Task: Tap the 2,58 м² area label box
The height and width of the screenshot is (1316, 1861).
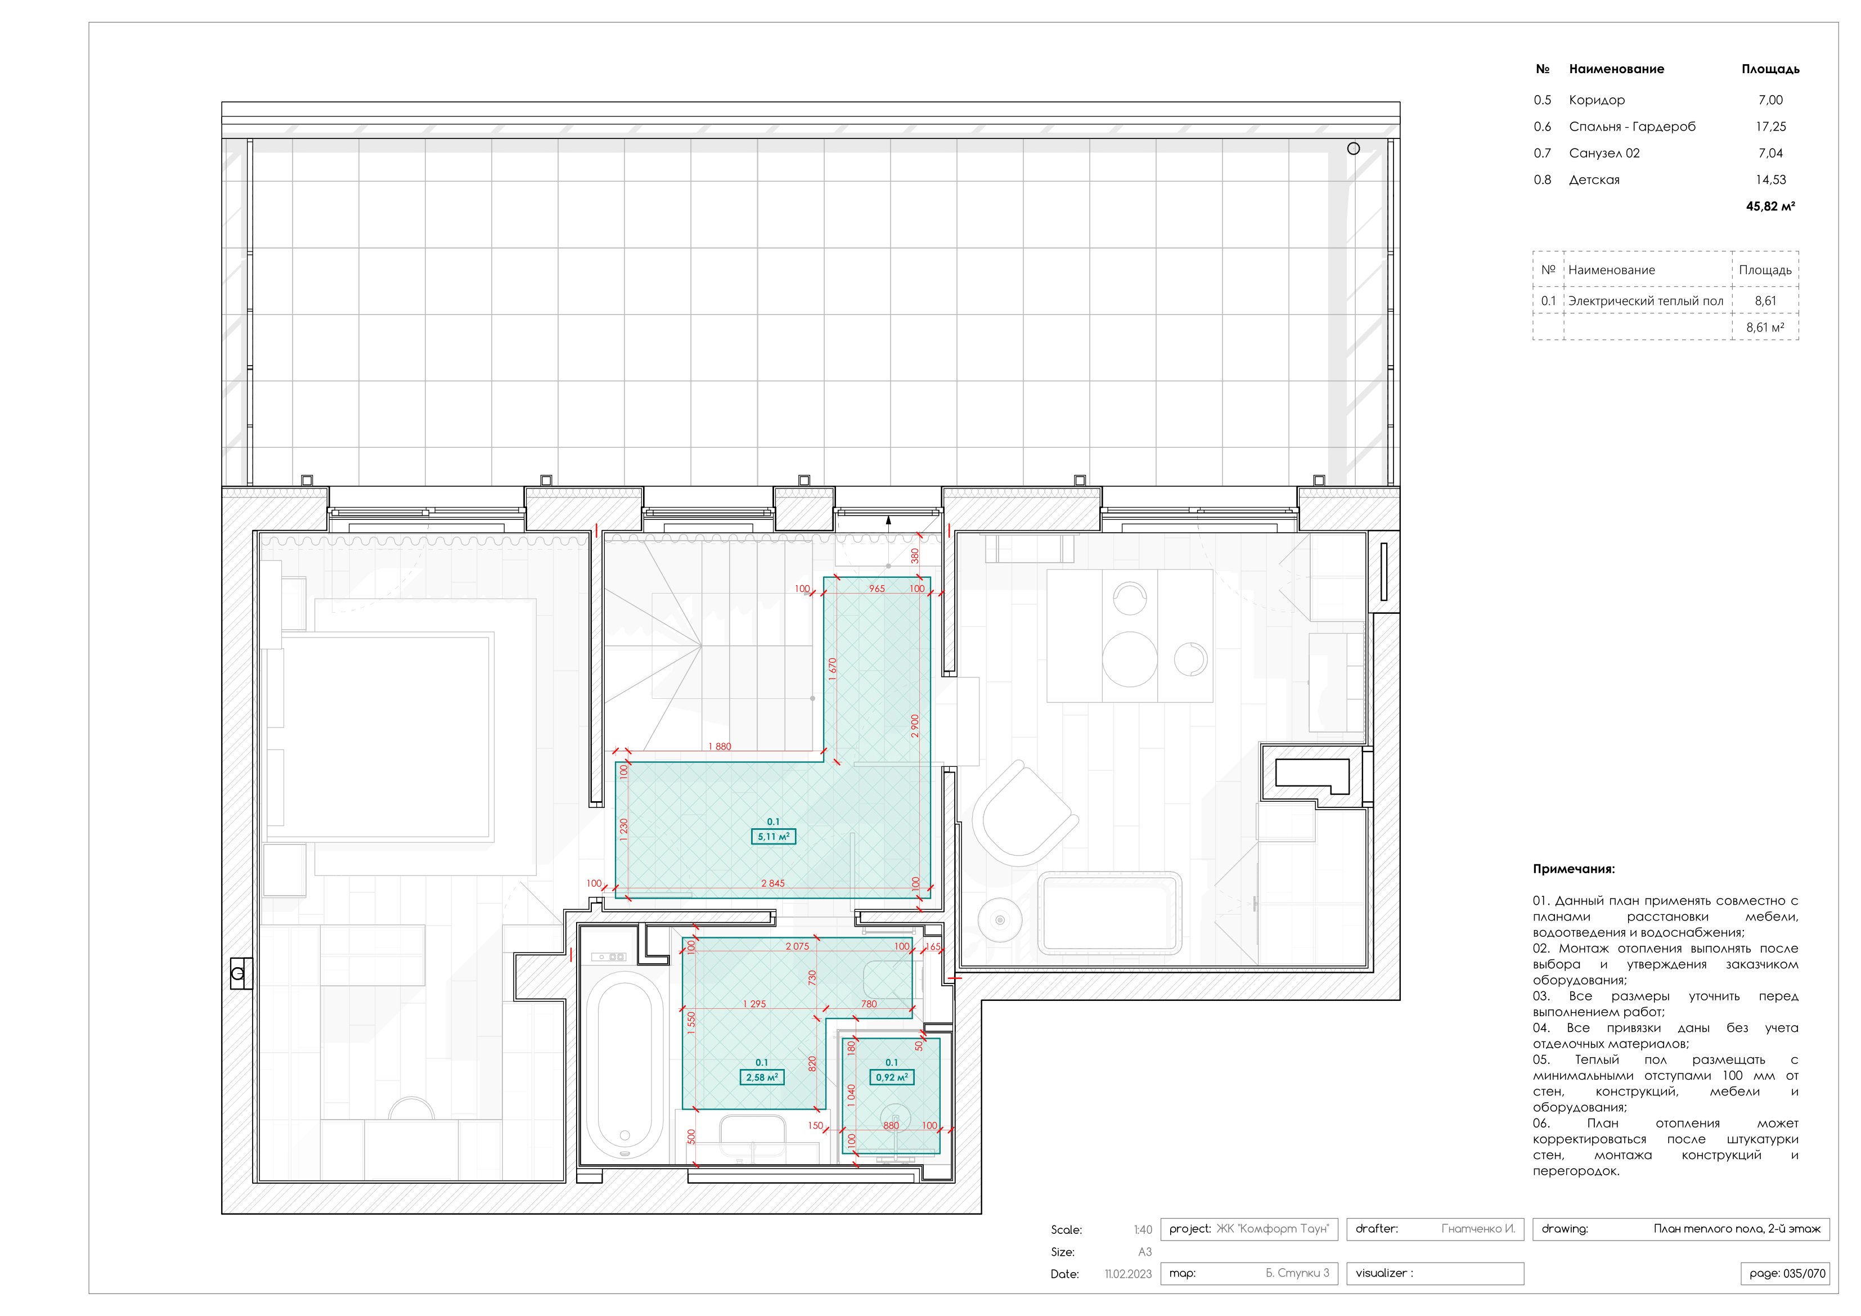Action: [x=761, y=1077]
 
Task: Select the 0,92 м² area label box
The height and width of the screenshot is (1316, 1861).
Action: [x=892, y=1077]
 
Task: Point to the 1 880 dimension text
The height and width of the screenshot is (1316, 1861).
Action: [x=719, y=746]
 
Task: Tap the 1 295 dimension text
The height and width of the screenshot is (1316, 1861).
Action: [x=754, y=1003]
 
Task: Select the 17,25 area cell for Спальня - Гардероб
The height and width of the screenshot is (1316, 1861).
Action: [x=1770, y=127]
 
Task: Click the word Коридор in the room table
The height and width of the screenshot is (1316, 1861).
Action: [x=1596, y=100]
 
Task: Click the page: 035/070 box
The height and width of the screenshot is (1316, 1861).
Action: [x=1786, y=1273]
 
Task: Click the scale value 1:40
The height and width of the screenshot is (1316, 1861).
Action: [x=1142, y=1229]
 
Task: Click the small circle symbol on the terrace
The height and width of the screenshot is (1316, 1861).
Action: [x=1353, y=149]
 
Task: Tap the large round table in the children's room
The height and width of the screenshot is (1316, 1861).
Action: [x=1129, y=659]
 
